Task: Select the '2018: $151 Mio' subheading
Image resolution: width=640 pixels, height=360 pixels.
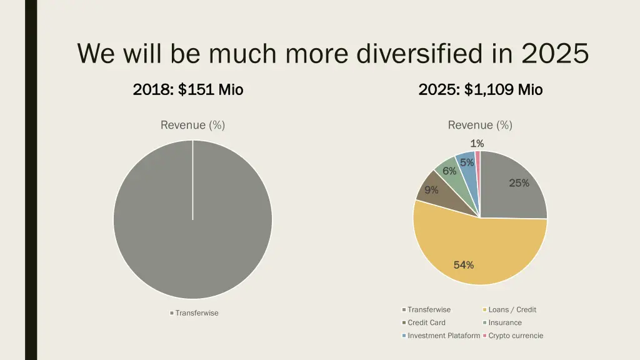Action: pyautogui.click(x=188, y=90)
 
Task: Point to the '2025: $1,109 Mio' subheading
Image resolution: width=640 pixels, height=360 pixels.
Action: pyautogui.click(x=481, y=90)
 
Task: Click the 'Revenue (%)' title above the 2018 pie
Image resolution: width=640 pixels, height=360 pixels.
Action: pyautogui.click(x=192, y=125)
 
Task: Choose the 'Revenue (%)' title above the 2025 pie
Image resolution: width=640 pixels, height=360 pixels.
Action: pyautogui.click(x=480, y=125)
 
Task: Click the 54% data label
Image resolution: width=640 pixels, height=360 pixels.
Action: pyautogui.click(x=464, y=265)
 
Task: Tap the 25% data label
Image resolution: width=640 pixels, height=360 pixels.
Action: pyautogui.click(x=519, y=183)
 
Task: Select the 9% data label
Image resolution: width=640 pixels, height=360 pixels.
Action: pyautogui.click(x=431, y=190)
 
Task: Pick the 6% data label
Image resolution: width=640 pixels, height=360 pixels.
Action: pyautogui.click(x=449, y=171)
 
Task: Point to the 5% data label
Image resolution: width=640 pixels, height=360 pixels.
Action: pyautogui.click(x=466, y=163)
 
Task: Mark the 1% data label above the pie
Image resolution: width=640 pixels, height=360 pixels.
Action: pyautogui.click(x=477, y=144)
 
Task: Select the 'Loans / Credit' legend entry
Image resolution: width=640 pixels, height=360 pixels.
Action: pyautogui.click(x=512, y=310)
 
